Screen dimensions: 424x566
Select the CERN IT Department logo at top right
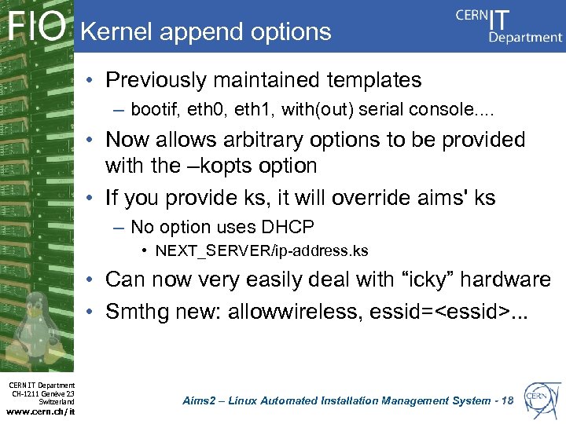(x=509, y=26)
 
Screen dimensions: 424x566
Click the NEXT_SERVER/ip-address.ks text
(x=262, y=251)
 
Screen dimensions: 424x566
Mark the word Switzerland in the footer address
(x=55, y=401)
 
